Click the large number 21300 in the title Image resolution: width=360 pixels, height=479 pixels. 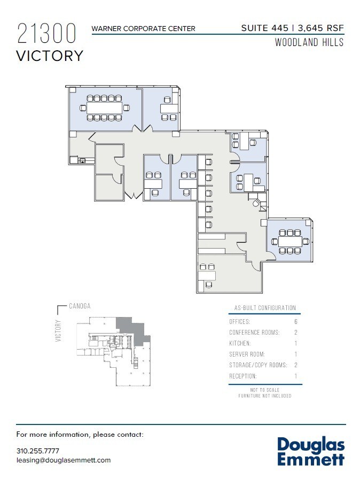tap(46, 34)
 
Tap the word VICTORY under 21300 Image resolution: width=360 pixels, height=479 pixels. tap(50, 56)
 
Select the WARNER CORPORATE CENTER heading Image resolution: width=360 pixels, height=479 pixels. tap(143, 28)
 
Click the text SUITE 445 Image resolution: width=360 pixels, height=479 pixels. tap(264, 27)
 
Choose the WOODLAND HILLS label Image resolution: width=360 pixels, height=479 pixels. tap(309, 43)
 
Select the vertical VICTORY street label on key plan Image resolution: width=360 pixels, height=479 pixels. tap(58, 330)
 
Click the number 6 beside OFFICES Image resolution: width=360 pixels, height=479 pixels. tap(295, 322)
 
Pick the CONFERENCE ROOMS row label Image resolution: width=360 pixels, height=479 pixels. tap(254, 333)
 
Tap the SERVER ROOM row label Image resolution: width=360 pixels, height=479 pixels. tap(247, 354)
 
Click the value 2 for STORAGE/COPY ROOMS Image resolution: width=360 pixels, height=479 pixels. tap(295, 365)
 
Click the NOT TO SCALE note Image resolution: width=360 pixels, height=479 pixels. tap(265, 390)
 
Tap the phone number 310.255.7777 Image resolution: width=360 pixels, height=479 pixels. tap(38, 451)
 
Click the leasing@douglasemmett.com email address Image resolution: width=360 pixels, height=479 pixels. tap(64, 460)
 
